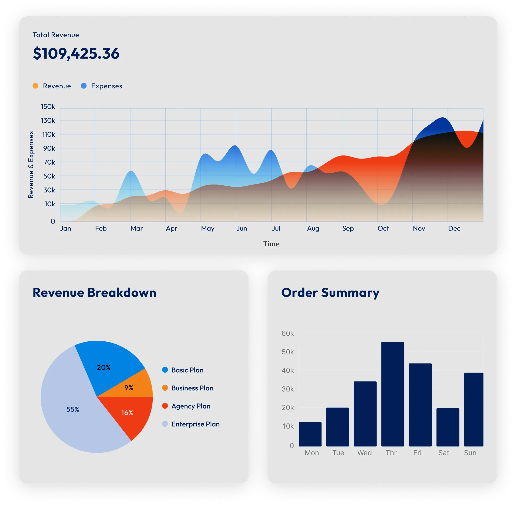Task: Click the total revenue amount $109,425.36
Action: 76,53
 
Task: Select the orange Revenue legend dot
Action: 35,86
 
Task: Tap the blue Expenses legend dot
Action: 84,86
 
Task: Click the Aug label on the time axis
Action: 313,228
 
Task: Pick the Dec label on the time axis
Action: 454,228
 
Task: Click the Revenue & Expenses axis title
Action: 31,165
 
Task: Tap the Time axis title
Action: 271,244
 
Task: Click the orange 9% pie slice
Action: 133,387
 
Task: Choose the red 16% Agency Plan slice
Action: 130,414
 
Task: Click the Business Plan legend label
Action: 192,388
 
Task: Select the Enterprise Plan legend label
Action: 195,424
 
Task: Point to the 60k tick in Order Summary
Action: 288,333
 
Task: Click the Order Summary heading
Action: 330,293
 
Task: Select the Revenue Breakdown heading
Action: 94,293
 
